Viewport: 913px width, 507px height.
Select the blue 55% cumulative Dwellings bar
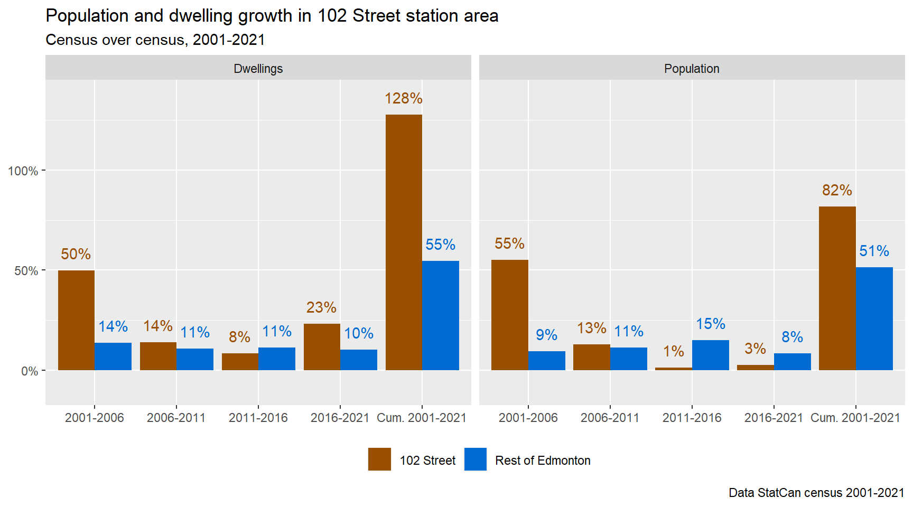point(441,315)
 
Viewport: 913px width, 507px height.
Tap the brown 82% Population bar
point(837,288)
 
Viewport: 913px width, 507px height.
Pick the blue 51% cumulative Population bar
point(874,318)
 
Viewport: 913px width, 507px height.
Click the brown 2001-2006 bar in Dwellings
point(76,320)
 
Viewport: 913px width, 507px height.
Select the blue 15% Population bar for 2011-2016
point(710,355)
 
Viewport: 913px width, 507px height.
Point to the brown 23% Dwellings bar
point(322,347)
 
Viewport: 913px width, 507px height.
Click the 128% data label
point(404,99)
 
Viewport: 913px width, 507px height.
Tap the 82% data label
point(837,191)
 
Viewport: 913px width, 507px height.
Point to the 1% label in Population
point(674,352)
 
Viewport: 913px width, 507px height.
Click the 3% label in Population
point(755,349)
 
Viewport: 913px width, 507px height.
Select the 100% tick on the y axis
point(23,171)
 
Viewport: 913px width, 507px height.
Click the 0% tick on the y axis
point(30,371)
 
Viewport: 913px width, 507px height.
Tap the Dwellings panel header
point(258,69)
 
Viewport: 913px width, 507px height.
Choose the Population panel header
point(692,69)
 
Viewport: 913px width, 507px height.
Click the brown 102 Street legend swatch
point(379,459)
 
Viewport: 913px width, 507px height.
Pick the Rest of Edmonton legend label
point(543,461)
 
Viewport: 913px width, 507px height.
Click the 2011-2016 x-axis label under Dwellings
point(258,418)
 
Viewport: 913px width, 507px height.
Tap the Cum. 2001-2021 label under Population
point(855,418)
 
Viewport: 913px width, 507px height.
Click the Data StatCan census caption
point(816,493)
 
